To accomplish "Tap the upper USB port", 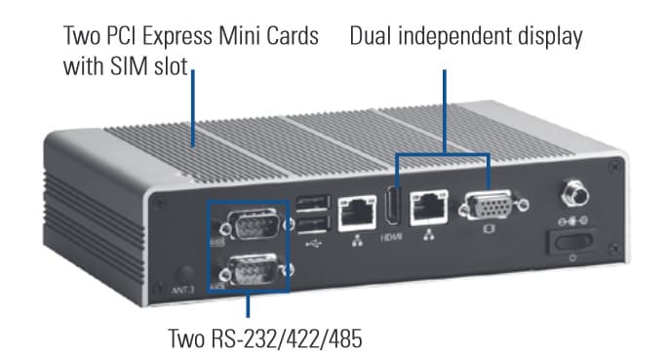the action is (x=314, y=203).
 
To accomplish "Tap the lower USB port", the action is (x=314, y=224).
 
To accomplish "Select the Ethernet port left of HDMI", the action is (x=357, y=214).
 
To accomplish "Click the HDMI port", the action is (x=392, y=207).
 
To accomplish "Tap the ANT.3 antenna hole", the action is (x=185, y=275).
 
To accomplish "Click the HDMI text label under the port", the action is (x=391, y=237).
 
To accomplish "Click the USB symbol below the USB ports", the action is (x=314, y=244).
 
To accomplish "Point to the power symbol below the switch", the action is (x=572, y=258).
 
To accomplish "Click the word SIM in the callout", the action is (x=130, y=66).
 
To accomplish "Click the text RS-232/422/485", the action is (x=287, y=339).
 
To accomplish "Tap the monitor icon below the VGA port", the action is (x=490, y=229).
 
